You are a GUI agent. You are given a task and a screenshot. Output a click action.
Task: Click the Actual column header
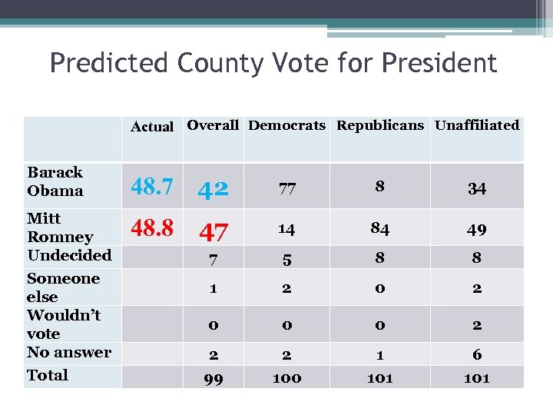[x=152, y=127]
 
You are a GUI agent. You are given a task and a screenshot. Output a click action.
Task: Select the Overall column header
[x=213, y=125]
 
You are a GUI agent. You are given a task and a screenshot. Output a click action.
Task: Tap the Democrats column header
[x=287, y=125]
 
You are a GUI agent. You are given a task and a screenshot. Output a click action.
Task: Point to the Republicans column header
[x=380, y=125]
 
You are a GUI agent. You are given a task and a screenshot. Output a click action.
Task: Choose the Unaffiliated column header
[x=477, y=125]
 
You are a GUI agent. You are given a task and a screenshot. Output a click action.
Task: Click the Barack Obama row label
[x=55, y=181]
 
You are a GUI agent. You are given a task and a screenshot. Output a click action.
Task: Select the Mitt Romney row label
[x=60, y=227]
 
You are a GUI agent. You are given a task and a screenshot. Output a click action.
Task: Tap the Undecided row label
[x=69, y=255]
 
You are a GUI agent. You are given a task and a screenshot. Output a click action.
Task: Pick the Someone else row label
[x=63, y=287]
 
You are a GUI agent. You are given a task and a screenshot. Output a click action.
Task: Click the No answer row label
[x=69, y=353]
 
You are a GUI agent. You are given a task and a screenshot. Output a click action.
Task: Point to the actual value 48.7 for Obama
[x=152, y=186]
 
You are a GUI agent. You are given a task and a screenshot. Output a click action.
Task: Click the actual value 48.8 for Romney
[x=152, y=227]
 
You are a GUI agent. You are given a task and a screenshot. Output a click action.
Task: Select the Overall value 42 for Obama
[x=213, y=189]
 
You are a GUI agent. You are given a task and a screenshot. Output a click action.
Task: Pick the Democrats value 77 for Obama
[x=287, y=189]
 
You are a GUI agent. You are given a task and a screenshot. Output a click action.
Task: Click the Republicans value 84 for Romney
[x=380, y=228]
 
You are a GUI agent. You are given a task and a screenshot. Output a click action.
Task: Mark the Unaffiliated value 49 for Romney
[x=477, y=230]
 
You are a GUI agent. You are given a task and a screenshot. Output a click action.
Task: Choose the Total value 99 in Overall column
[x=214, y=378]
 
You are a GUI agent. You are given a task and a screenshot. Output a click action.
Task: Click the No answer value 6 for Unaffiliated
[x=477, y=354]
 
